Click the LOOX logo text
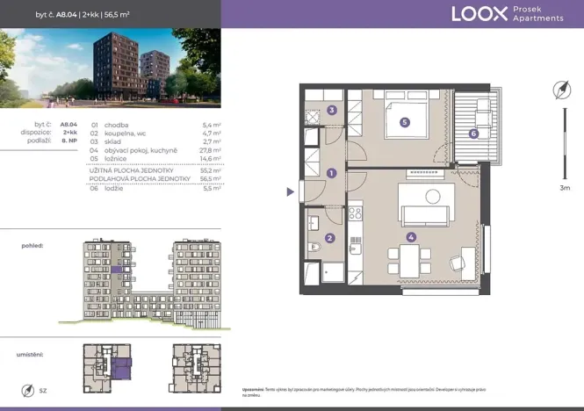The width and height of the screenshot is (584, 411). (479, 13)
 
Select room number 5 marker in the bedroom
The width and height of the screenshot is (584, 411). (404, 123)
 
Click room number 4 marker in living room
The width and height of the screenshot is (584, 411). (411, 235)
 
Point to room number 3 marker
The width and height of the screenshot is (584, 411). (331, 111)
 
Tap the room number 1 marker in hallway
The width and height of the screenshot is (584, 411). (331, 173)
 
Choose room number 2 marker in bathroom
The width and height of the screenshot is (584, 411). (329, 237)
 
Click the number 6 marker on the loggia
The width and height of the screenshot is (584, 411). (472, 134)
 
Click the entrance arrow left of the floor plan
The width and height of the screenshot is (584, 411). (292, 191)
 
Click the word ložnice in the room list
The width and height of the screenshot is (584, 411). (117, 159)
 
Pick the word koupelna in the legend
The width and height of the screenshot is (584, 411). (119, 133)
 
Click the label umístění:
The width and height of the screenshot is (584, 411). (31, 354)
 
